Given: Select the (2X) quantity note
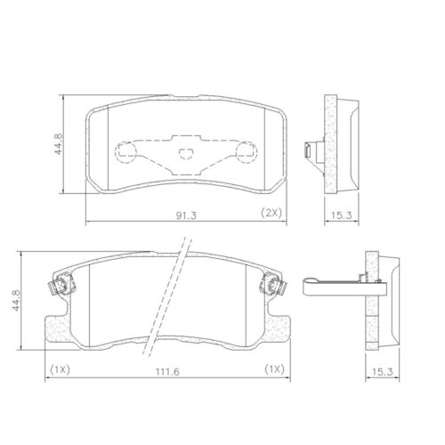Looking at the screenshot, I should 271,214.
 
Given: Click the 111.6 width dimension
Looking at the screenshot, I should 164,370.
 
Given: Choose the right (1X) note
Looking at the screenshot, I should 273,369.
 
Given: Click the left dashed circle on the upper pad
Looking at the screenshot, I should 128,150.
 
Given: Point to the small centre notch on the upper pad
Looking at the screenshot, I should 186,153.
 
